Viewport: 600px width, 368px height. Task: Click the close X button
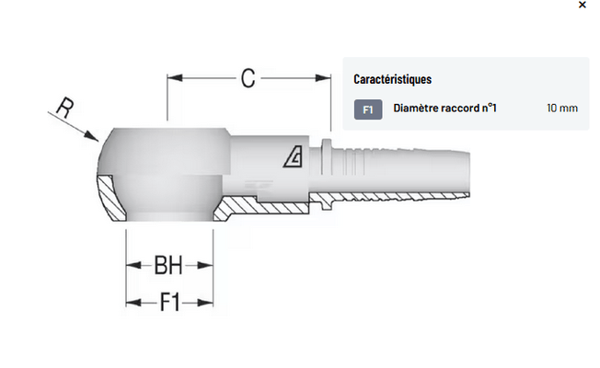pyautogui.click(x=582, y=6)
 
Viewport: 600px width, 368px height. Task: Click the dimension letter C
pyautogui.click(x=248, y=78)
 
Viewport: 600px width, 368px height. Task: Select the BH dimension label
pyautogui.click(x=167, y=267)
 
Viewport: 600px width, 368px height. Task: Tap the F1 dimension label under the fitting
pyautogui.click(x=169, y=302)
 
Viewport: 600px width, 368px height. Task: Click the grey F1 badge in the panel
pyautogui.click(x=367, y=109)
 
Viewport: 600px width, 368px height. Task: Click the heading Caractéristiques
pyautogui.click(x=393, y=79)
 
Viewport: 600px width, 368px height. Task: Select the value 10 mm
pyautogui.click(x=561, y=109)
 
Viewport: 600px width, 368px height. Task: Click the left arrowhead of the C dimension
pyautogui.click(x=172, y=78)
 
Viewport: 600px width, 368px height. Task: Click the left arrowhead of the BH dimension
pyautogui.click(x=131, y=268)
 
